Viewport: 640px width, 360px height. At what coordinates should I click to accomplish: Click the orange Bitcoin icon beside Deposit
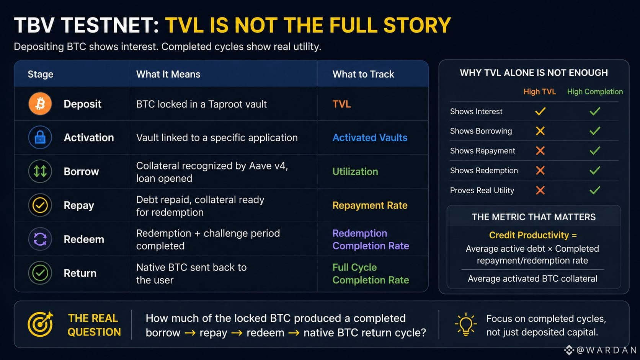click(x=40, y=104)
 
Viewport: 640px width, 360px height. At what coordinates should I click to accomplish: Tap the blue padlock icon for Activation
click(x=40, y=137)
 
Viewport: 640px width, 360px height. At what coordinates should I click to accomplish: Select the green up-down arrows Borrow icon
click(x=40, y=171)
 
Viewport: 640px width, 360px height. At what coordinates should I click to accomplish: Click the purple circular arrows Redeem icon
click(x=40, y=239)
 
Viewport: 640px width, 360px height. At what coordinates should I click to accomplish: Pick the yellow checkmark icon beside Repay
click(x=40, y=205)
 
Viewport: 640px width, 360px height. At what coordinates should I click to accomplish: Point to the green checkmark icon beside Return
click(x=40, y=273)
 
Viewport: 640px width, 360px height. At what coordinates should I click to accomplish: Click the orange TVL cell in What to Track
click(x=341, y=104)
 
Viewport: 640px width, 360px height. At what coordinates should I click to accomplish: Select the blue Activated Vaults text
click(x=370, y=138)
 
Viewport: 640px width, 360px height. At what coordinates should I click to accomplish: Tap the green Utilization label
click(x=355, y=171)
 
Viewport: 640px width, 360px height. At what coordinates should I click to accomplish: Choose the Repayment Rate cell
click(x=370, y=205)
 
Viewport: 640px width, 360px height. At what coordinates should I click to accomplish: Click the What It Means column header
click(x=168, y=74)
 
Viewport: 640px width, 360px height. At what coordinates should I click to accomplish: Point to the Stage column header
click(x=40, y=74)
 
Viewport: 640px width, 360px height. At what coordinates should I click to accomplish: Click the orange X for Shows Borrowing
click(x=540, y=131)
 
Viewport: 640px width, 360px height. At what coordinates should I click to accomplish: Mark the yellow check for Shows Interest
click(x=540, y=111)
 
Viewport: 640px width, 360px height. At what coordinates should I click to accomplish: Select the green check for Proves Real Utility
click(x=595, y=190)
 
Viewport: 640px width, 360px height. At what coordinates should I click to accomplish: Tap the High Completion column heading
click(x=595, y=92)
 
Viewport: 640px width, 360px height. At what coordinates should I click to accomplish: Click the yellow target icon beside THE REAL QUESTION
click(x=40, y=324)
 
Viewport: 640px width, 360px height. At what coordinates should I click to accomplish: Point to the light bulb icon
click(x=466, y=324)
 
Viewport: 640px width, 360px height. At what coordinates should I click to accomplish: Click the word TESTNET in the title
click(x=110, y=25)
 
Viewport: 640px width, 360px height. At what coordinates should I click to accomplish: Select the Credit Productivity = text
click(x=533, y=235)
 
